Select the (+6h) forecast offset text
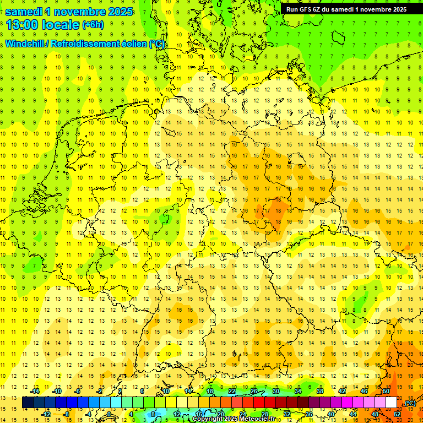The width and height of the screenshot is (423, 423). click(x=93, y=25)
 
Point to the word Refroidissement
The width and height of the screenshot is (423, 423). click(x=99, y=44)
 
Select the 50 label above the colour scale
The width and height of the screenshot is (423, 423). click(x=386, y=391)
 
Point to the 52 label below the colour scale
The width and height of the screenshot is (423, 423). click(x=397, y=414)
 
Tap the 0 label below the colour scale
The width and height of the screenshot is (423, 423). click(x=110, y=414)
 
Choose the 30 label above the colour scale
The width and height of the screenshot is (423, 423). click(x=276, y=391)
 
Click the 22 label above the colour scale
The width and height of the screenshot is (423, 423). click(x=232, y=391)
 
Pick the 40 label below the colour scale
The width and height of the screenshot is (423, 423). click(x=331, y=414)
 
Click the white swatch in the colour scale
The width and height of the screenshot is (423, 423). click(x=391, y=402)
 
